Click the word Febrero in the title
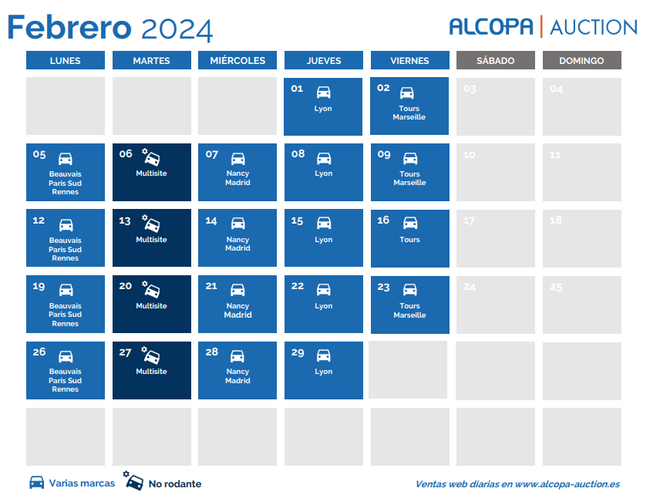point(69,27)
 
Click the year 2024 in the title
point(177,29)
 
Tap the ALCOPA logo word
point(491,27)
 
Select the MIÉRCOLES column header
point(237,61)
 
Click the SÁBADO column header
point(495,61)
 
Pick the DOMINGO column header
point(581,61)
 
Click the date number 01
point(297,89)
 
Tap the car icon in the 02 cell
point(406,93)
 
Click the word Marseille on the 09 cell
point(409,183)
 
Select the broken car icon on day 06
point(151,157)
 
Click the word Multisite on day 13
point(151,240)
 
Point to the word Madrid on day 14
point(237,248)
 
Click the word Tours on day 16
point(409,240)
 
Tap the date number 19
point(39,286)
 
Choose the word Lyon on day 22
point(323,306)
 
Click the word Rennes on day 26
point(65,389)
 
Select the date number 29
point(298,353)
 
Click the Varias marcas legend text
point(82,483)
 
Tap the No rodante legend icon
point(133,481)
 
